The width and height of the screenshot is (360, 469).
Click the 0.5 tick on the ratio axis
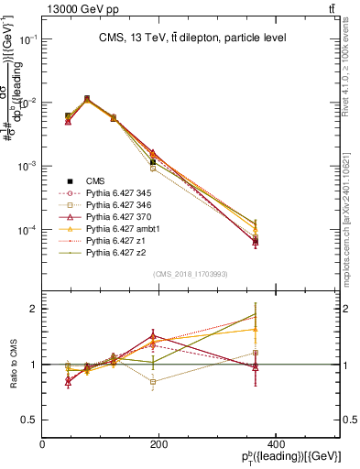[30, 420]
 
